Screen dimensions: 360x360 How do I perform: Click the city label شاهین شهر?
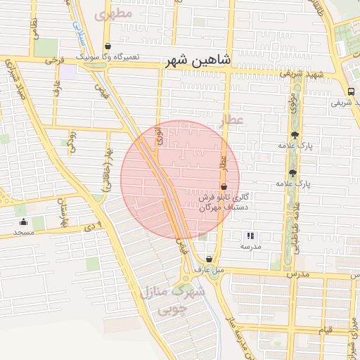(x=198, y=61)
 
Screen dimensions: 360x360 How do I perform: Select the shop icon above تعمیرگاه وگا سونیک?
(x=107, y=46)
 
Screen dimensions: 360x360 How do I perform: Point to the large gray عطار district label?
(x=231, y=120)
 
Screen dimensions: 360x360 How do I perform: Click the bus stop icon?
(x=350, y=91)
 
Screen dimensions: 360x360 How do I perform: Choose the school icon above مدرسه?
(x=250, y=236)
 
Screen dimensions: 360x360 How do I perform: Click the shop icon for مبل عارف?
(x=208, y=259)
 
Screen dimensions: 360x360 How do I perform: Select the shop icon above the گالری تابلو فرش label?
(x=224, y=187)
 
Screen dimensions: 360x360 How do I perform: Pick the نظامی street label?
(x=33, y=28)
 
